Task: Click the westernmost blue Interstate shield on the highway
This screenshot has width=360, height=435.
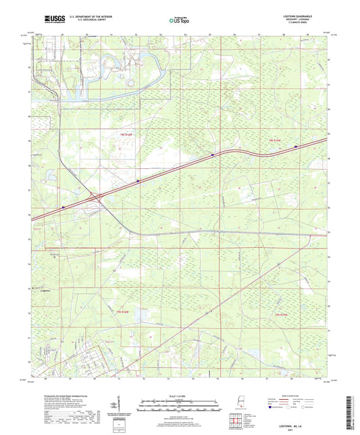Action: (63, 207)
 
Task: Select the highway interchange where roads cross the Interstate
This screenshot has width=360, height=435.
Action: (99, 199)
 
